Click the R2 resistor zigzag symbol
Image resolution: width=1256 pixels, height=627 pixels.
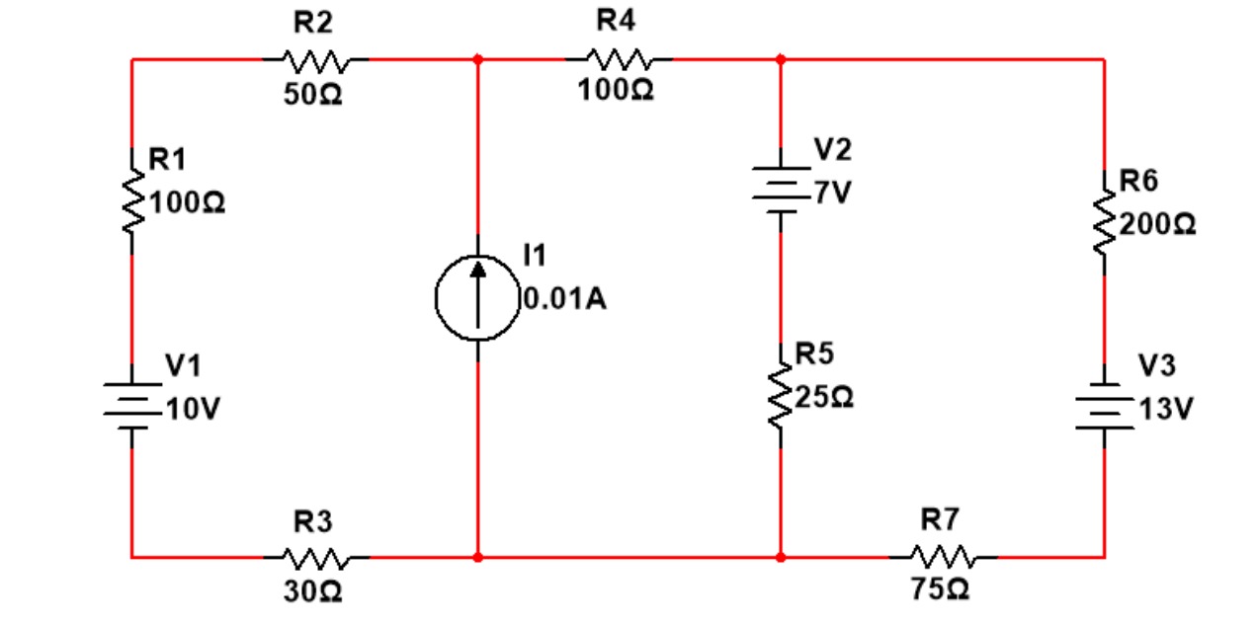tap(315, 60)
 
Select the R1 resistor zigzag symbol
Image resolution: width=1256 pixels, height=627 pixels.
tap(132, 201)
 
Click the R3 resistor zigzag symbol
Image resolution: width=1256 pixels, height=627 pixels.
tap(315, 557)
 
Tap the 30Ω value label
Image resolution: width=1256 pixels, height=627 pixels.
tap(312, 592)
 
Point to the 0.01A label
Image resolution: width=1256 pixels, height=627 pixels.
tap(565, 299)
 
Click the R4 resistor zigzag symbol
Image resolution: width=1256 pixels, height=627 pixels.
tap(619, 60)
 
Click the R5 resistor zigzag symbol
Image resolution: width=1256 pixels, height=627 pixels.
tap(781, 398)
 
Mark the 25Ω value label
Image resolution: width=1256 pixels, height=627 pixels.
tap(824, 399)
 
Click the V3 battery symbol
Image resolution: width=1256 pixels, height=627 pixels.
tap(1104, 407)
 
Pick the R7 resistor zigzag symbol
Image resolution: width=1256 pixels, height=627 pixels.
tap(944, 557)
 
